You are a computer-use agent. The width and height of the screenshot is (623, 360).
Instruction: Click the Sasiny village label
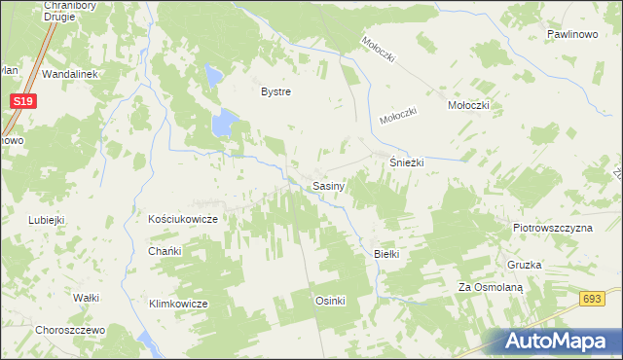[x=326, y=185]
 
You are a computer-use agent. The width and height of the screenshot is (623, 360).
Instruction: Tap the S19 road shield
[x=25, y=100]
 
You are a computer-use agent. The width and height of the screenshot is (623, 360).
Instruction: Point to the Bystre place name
[x=275, y=91]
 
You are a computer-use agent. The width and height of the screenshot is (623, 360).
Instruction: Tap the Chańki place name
[x=165, y=250]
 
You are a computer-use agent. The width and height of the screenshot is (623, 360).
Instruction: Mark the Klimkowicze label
[x=178, y=304]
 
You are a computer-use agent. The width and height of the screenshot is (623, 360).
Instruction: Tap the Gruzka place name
[x=524, y=265]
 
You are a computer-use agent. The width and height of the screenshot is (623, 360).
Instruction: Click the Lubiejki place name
[x=47, y=220]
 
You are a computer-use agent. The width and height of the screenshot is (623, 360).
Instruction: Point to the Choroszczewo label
[x=69, y=330]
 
